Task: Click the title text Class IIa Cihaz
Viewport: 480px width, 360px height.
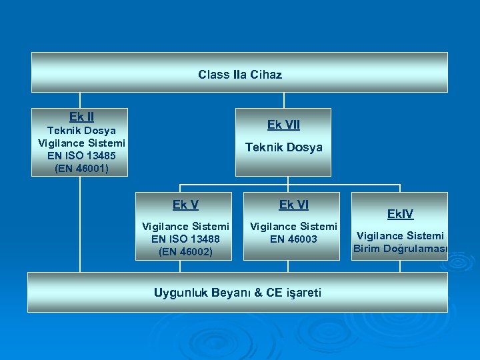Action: (x=239, y=75)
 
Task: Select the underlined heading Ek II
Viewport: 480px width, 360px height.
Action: (x=81, y=117)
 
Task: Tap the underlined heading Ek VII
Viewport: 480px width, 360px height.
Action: (x=283, y=125)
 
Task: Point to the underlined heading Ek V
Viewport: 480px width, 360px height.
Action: (x=185, y=205)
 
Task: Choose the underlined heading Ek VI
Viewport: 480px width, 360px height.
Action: (x=293, y=205)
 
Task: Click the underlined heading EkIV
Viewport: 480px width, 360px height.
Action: (x=400, y=214)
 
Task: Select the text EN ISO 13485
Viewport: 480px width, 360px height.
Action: (x=81, y=156)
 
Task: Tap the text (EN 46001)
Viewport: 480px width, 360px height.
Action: (x=81, y=169)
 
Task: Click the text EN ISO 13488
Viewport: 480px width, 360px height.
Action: (x=185, y=239)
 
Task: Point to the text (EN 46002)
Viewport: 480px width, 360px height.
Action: (x=185, y=251)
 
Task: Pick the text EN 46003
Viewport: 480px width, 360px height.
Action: (x=293, y=239)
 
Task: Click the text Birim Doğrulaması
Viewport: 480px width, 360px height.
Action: (x=400, y=249)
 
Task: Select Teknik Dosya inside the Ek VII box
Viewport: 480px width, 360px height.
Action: (x=283, y=147)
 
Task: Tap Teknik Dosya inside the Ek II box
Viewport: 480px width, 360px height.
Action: (x=81, y=131)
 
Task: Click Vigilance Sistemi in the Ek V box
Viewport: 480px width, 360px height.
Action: (x=185, y=227)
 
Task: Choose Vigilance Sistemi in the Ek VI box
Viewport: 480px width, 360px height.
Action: (x=293, y=227)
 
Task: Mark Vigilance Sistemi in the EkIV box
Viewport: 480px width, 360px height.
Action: (x=400, y=236)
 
